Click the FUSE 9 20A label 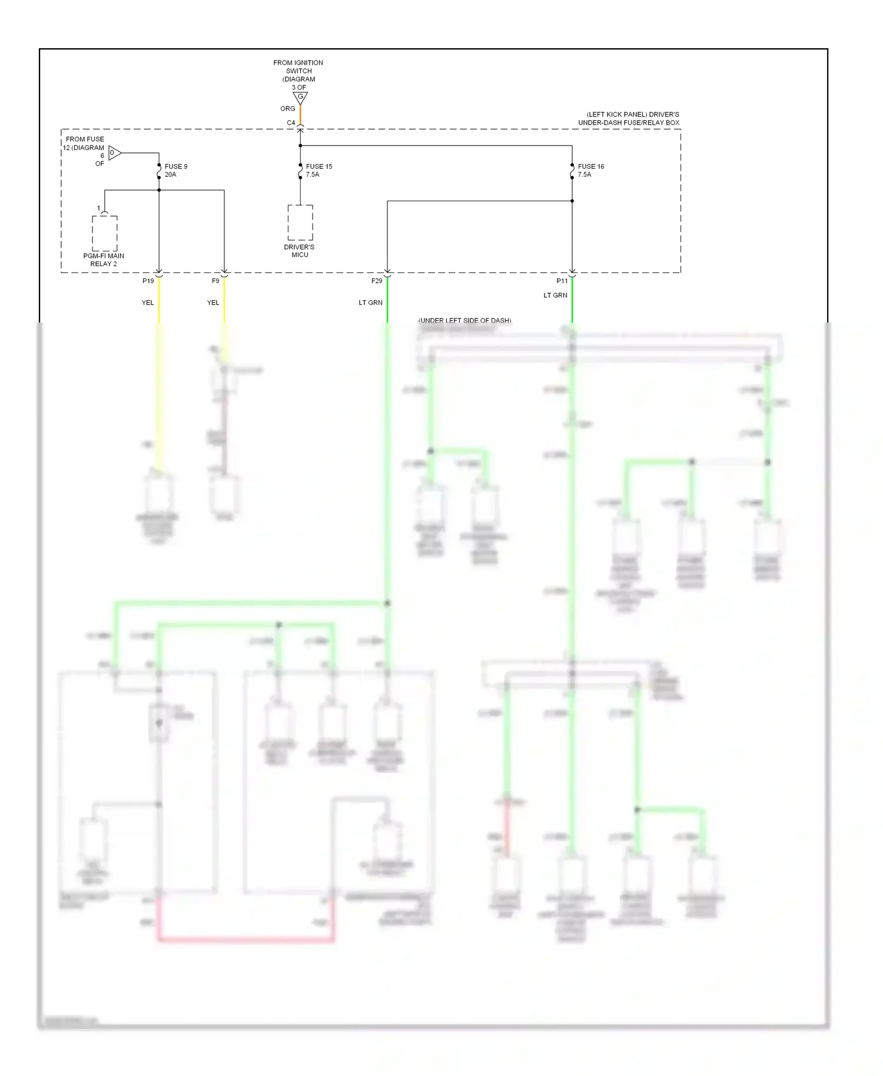[175, 170]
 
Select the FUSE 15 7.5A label [318, 170]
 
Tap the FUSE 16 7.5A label [590, 170]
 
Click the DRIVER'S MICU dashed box [300, 222]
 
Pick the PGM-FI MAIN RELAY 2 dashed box [105, 233]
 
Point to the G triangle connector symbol [300, 97]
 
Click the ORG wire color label [287, 109]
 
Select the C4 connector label [291, 123]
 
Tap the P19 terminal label [148, 281]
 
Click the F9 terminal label [215, 281]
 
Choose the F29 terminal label [377, 281]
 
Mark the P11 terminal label [562, 281]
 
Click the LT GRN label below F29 [370, 303]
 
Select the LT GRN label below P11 [555, 295]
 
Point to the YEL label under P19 [148, 303]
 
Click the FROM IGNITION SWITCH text [298, 71]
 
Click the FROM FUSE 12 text [84, 144]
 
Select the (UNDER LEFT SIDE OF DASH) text [464, 321]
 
